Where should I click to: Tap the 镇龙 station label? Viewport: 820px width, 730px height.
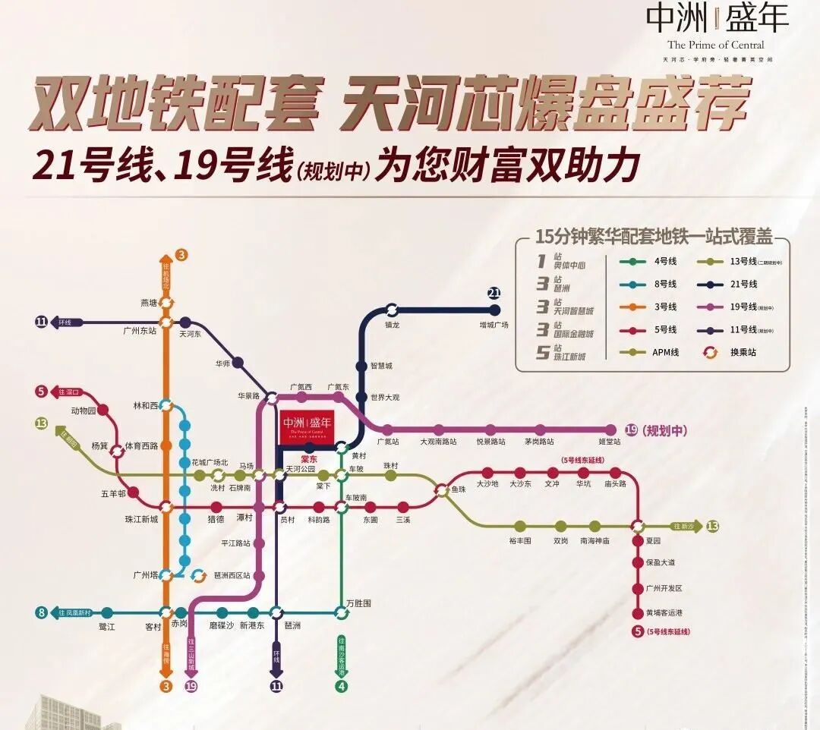pyautogui.click(x=392, y=326)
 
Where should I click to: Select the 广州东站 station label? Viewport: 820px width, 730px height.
pyautogui.click(x=140, y=331)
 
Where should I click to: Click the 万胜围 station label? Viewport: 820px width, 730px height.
pyautogui.click(x=358, y=603)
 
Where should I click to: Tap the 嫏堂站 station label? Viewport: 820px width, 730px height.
pyautogui.click(x=610, y=442)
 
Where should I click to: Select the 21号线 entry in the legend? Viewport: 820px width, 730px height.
pyautogui.click(x=744, y=284)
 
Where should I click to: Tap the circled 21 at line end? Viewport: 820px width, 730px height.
pyautogui.click(x=494, y=294)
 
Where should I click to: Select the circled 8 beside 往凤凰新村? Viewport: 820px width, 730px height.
pyautogui.click(x=40, y=612)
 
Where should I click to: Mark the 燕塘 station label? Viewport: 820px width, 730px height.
pyautogui.click(x=149, y=303)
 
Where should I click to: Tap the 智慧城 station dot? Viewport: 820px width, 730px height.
pyautogui.click(x=361, y=365)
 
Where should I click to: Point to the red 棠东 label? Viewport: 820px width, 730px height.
pyautogui.click(x=308, y=458)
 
